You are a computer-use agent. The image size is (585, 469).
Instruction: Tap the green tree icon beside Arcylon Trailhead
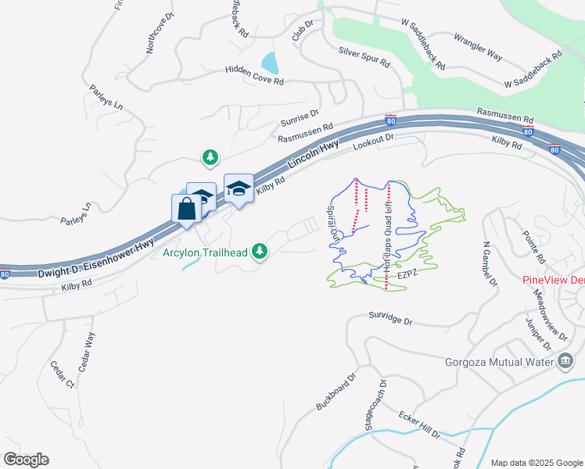pos(260,251)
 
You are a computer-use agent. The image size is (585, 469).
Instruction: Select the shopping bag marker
pos(186,209)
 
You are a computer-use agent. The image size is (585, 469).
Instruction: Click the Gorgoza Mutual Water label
pos(498,360)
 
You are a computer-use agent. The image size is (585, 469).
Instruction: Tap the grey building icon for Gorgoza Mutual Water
pos(565,360)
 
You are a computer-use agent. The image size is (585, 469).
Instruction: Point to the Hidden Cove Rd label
pos(253,74)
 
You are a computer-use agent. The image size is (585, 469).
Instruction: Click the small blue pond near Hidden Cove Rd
pos(271,63)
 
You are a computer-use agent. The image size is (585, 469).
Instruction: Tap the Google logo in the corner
pos(26,459)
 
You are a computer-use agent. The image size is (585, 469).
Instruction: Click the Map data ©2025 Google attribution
pos(536,463)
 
